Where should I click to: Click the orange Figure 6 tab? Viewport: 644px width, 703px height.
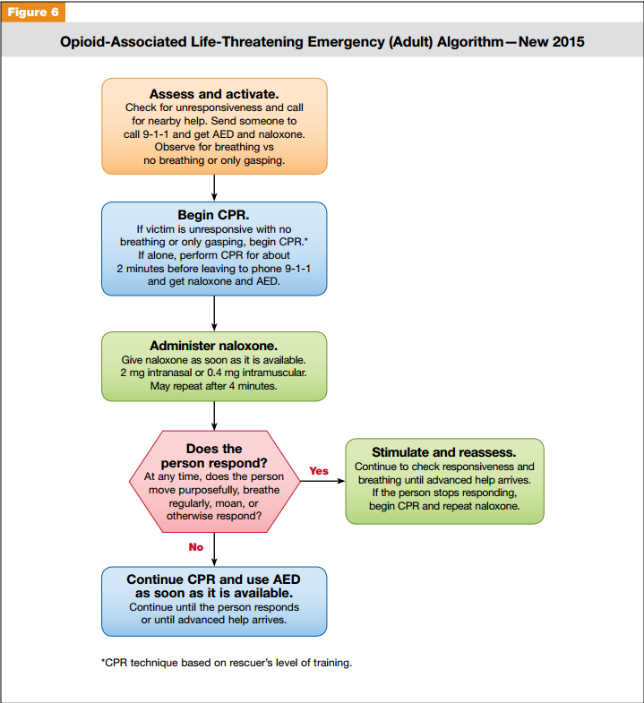[x=33, y=12]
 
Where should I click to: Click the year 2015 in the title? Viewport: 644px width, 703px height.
[x=567, y=41]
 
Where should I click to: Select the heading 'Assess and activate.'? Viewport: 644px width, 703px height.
[x=214, y=94]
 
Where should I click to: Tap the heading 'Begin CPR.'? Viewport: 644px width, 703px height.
[x=214, y=216]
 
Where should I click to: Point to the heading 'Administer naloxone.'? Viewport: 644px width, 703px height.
[x=214, y=346]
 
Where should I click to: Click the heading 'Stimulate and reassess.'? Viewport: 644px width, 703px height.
[x=444, y=452]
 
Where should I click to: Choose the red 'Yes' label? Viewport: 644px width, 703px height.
[x=319, y=470]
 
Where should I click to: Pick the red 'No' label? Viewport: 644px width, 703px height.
[x=195, y=547]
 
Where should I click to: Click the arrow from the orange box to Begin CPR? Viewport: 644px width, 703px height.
[x=214, y=187]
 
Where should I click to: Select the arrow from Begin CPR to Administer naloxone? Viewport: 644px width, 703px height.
[x=214, y=313]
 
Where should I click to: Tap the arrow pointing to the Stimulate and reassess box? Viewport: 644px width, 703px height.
[x=322, y=481]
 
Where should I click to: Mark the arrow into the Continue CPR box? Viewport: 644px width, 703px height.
[x=214, y=550]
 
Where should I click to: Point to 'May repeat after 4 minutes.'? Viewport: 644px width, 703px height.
[x=214, y=387]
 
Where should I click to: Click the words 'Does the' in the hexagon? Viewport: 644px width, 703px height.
[x=214, y=449]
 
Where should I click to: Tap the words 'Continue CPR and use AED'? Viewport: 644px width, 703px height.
[x=214, y=579]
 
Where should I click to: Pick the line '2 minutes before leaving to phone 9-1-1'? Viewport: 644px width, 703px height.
[x=214, y=268]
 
